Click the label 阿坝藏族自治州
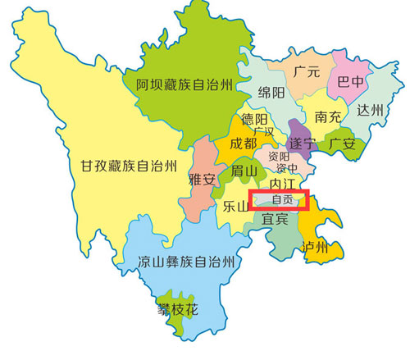click(184, 83)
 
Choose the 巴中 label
click(347, 82)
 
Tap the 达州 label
click(369, 110)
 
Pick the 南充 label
click(328, 117)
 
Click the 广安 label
click(342, 144)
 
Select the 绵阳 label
click(271, 91)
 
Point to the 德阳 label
click(255, 120)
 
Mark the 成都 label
click(243, 144)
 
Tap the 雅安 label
click(202, 178)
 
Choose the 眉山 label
click(244, 171)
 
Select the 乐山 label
click(235, 207)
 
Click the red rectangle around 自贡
click(281, 200)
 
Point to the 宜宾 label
click(275, 220)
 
